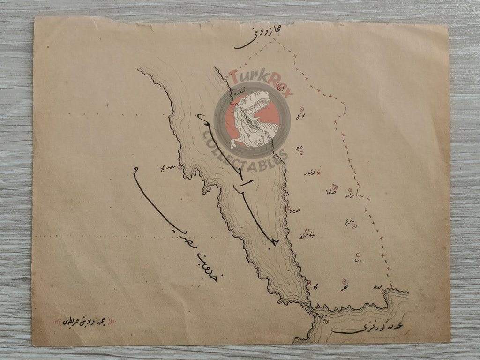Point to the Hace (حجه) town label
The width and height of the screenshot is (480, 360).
(x=298, y=147)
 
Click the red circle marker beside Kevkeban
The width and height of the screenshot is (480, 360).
(x=319, y=173)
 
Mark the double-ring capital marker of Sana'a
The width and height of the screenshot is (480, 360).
(x=334, y=187)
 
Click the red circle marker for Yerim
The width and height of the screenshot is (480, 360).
(x=354, y=226)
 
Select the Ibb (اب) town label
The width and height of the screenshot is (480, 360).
(x=358, y=261)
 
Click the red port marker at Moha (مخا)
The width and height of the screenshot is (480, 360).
(x=308, y=282)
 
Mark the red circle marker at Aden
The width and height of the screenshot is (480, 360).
(x=383, y=292)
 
